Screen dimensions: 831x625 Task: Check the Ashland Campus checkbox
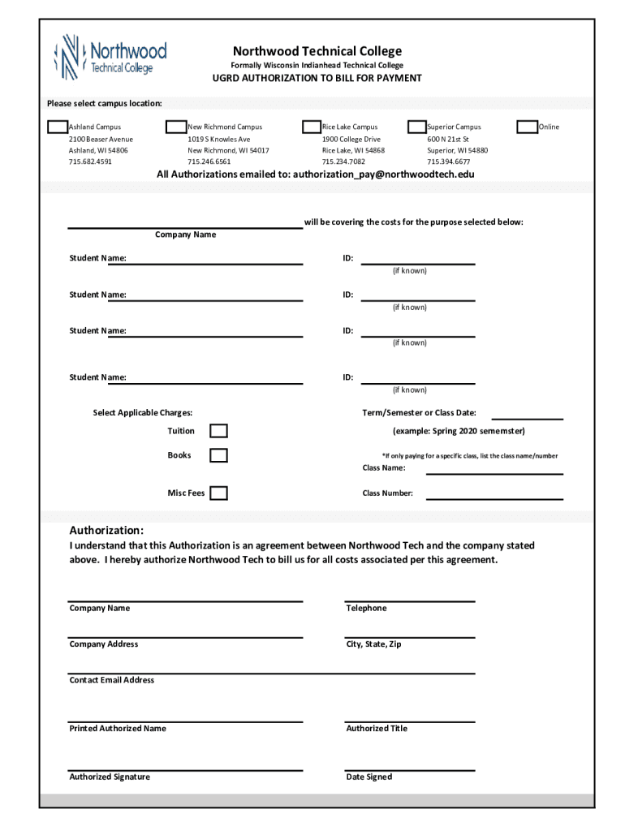58,127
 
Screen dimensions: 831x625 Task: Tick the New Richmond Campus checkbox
175,127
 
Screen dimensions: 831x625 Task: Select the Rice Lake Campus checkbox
311,127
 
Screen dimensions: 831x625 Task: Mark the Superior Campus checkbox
416,127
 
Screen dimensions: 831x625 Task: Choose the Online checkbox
527,127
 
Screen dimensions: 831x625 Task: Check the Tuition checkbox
218,431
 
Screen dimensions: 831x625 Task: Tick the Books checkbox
218,455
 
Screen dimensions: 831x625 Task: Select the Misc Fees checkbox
218,493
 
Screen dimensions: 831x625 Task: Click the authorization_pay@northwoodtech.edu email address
383,174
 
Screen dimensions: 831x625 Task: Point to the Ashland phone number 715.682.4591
90,162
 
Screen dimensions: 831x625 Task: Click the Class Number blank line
494,497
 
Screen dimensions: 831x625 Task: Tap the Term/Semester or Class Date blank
527,416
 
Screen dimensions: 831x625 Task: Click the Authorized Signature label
110,777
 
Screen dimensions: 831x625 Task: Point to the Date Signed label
369,777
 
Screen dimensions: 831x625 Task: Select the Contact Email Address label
112,680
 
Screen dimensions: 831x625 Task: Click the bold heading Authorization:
106,531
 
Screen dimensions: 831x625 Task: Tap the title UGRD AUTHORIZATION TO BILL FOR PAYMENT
317,79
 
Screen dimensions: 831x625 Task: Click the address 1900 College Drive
351,139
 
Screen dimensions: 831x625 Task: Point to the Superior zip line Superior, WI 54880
458,151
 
